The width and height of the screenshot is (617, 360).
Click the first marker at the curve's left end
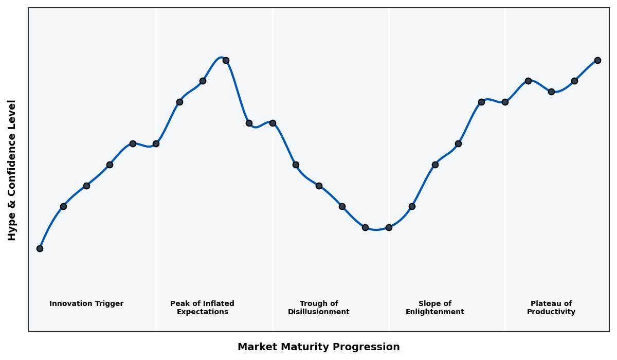[x=40, y=248]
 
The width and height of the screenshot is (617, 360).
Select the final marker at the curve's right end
[x=597, y=60]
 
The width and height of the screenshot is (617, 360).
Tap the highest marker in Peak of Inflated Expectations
[x=226, y=60]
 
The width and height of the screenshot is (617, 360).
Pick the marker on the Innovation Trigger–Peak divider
[x=156, y=143]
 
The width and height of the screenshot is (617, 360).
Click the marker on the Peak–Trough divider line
[x=273, y=123]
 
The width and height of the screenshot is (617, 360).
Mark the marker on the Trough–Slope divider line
[x=389, y=227]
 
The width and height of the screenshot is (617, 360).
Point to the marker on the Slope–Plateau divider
[x=505, y=102]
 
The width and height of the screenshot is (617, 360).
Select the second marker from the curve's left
[x=63, y=206]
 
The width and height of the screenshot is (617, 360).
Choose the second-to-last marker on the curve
[x=574, y=81]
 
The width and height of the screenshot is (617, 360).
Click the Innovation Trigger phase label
[x=86, y=304]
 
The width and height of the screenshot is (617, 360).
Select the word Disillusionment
[x=319, y=312]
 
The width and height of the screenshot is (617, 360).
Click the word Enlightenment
[x=435, y=312]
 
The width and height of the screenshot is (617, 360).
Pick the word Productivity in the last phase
[x=551, y=312]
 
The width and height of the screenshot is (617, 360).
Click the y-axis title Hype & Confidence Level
[x=12, y=170]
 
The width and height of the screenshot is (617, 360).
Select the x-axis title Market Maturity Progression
[x=319, y=347]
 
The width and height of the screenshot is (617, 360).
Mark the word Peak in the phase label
[x=179, y=304]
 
